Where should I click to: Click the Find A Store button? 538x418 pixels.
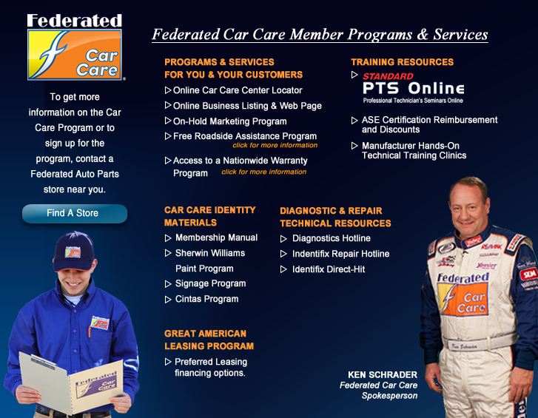point(75,213)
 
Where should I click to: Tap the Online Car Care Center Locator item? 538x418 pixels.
point(238,90)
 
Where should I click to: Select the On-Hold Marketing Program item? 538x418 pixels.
point(229,121)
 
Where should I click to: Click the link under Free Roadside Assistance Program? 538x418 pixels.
point(275,146)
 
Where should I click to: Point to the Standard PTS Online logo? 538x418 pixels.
point(413,88)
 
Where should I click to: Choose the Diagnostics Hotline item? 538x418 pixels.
point(331,238)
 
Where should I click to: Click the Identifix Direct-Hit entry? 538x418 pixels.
point(329,269)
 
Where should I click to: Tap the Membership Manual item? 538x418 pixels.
point(216,237)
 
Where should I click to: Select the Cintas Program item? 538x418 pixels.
point(206,299)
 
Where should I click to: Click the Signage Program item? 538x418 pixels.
point(210,283)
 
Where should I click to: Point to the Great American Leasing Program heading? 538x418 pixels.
point(209,340)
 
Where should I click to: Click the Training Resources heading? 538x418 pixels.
point(402,62)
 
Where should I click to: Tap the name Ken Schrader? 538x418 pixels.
point(383,375)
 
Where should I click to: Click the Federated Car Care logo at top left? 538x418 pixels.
point(75,47)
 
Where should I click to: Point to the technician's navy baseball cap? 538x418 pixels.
point(73,252)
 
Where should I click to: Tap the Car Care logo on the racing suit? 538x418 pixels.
point(463,294)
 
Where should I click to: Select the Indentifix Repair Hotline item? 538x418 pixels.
point(340,254)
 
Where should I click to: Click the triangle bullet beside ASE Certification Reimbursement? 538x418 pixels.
point(354,121)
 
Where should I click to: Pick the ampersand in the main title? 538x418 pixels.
point(423,34)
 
